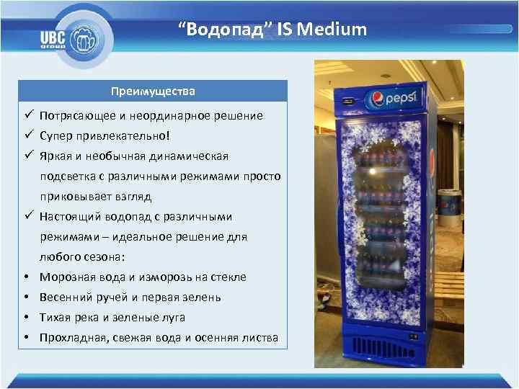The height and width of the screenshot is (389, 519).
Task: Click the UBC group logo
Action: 69,37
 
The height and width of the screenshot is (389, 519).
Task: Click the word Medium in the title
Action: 336,30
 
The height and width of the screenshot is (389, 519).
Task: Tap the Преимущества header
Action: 152,91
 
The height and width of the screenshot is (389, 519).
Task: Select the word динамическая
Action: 195,156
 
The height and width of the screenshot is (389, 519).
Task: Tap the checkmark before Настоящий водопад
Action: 27,216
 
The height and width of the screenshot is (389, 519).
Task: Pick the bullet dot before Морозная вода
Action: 25,277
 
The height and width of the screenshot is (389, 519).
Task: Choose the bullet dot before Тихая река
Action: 25,318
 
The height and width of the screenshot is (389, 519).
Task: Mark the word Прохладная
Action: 71,338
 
